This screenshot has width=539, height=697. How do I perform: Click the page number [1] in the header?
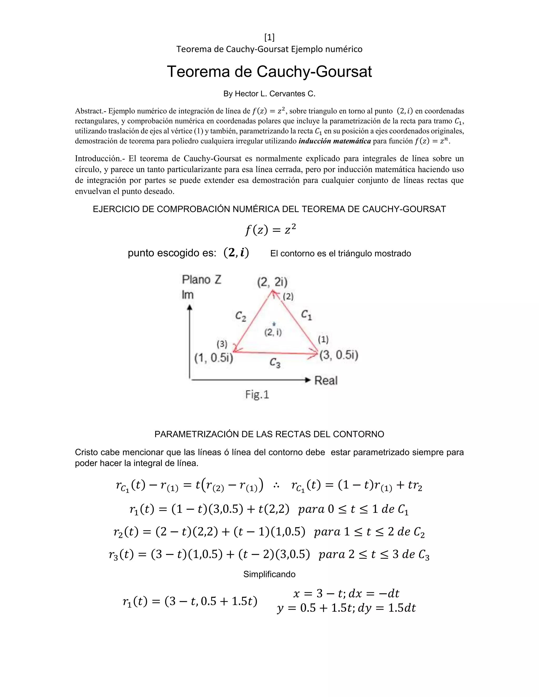click(269, 38)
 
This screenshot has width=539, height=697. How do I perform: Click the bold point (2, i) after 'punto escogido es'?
click(236, 253)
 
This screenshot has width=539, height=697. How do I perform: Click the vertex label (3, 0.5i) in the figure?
click(339, 355)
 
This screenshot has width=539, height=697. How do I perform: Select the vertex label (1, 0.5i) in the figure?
click(214, 358)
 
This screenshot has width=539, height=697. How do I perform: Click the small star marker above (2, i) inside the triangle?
click(274, 324)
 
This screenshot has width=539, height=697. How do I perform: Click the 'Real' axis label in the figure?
click(326, 380)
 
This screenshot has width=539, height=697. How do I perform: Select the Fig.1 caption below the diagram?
click(257, 395)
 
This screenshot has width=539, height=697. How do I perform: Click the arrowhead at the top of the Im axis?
click(190, 307)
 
